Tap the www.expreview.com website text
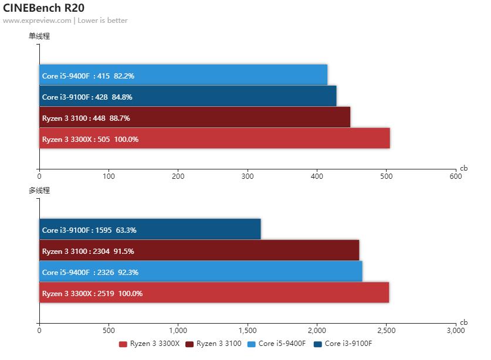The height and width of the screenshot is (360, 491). click(37, 21)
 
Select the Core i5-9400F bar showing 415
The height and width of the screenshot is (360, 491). click(183, 76)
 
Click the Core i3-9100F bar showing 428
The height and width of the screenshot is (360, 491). click(188, 97)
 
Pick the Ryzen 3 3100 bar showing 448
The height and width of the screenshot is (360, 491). click(195, 118)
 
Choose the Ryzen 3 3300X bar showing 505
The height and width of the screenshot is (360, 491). click(215, 139)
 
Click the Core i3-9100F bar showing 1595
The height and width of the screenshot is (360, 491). click(150, 230)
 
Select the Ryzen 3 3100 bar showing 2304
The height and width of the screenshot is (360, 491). click(199, 251)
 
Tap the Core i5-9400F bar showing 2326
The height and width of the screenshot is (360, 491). click(201, 272)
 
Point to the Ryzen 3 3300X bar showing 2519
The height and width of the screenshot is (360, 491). click(214, 293)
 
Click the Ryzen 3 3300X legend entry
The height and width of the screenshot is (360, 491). click(150, 344)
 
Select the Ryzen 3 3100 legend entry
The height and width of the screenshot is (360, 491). click(214, 344)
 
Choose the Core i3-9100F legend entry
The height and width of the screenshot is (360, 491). click(344, 344)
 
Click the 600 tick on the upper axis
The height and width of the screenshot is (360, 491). click(455, 175)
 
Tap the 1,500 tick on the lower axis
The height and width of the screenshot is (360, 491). click(247, 330)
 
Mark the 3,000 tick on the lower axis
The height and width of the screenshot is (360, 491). click(455, 330)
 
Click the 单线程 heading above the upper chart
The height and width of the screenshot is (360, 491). click(39, 36)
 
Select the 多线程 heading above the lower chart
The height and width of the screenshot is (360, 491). click(39, 191)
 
